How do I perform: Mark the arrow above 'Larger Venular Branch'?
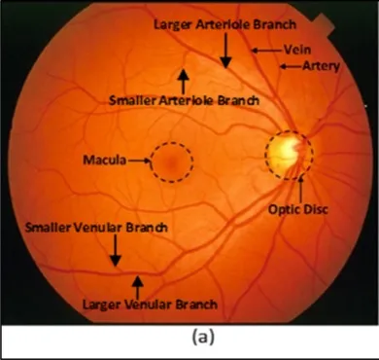pyautogui.click(x=136, y=285)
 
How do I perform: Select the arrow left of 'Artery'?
pyautogui.click(x=291, y=66)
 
